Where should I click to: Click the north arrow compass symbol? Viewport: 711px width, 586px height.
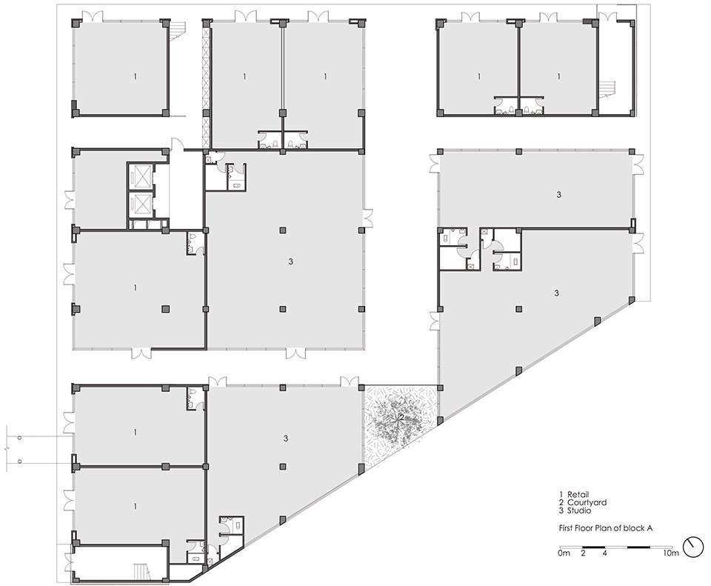pyautogui.click(x=692, y=547)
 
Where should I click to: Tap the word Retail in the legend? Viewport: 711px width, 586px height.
pyautogui.click(x=578, y=494)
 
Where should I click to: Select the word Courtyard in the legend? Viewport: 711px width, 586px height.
pyautogui.click(x=587, y=502)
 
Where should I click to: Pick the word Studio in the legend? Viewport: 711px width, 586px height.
pyautogui.click(x=579, y=510)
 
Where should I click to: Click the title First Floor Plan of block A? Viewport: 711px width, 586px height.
pyautogui.click(x=605, y=528)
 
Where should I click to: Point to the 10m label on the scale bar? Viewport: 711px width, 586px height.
pyautogui.click(x=671, y=553)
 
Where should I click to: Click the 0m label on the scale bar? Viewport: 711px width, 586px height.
pyautogui.click(x=564, y=553)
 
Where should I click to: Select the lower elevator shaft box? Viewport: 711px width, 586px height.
pyautogui.click(x=139, y=204)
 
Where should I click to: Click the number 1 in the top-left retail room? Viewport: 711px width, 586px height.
pyautogui.click(x=135, y=76)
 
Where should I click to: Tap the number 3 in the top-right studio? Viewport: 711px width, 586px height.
pyautogui.click(x=558, y=195)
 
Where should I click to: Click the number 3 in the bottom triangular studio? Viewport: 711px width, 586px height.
pyautogui.click(x=285, y=439)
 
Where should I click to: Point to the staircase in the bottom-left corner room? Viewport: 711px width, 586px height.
pyautogui.click(x=138, y=570)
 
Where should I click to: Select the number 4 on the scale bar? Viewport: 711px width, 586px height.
pyautogui.click(x=605, y=553)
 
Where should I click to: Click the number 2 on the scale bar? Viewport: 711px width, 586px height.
pyautogui.click(x=583, y=553)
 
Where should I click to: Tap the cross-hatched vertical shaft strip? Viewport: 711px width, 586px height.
pyautogui.click(x=207, y=86)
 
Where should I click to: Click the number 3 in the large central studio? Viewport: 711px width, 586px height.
pyautogui.click(x=290, y=262)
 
